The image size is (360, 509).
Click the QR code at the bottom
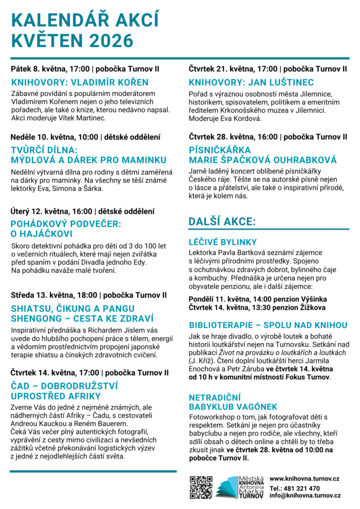[201, 487]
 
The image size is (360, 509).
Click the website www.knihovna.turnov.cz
[304, 478]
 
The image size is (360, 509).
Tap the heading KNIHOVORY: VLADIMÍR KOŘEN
[80, 83]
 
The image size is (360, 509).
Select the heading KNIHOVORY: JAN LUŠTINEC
[251, 83]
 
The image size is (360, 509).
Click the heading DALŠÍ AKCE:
[222, 221]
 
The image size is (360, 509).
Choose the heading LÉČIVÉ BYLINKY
[223, 243]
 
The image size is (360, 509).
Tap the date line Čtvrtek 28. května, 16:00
[234, 137]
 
